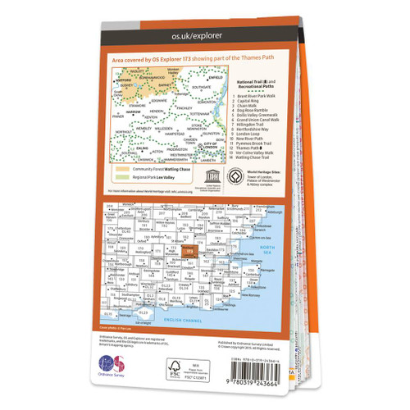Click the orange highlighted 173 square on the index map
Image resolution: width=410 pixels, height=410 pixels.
[x=191, y=251]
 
